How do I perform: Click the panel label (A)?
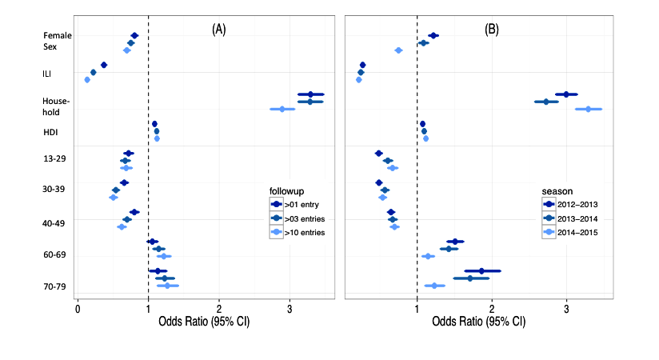click(218, 30)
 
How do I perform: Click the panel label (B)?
click(492, 30)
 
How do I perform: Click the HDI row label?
click(50, 132)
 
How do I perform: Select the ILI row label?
click(47, 74)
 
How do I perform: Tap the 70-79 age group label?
click(54, 286)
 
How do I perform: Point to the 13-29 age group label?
click(54, 158)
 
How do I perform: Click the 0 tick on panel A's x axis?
click(77, 306)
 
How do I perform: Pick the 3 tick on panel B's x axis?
click(566, 306)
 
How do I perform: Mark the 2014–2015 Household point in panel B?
click(588, 109)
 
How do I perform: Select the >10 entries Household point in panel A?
click(282, 109)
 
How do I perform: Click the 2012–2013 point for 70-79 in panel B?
click(481, 271)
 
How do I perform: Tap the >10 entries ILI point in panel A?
click(87, 80)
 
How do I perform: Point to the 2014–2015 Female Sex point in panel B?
click(398, 50)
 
